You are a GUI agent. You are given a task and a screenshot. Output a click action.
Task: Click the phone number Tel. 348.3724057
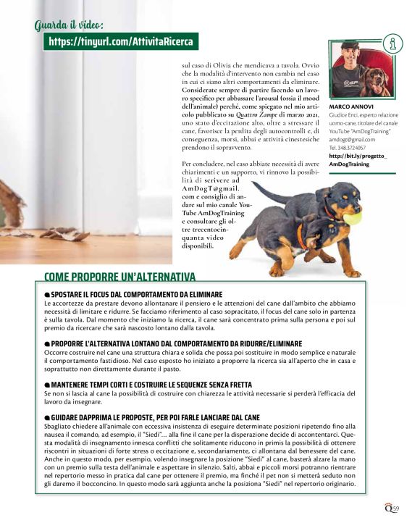pos(349,148)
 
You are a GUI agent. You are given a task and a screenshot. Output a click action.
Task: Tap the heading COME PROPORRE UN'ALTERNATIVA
pos(119,277)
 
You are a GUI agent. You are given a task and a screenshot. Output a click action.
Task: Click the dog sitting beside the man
pos(375,80)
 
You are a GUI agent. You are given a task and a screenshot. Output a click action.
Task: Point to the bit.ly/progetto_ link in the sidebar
pos(358,156)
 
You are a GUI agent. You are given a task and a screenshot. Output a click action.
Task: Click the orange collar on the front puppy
pos(299,235)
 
